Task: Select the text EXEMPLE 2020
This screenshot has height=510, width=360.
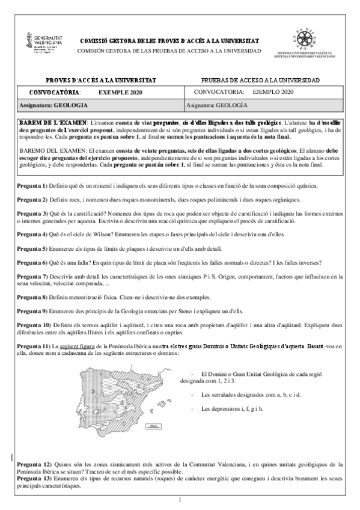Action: point(118,92)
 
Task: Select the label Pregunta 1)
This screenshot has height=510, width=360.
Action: point(32,186)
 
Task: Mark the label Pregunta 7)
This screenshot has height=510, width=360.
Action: point(32,276)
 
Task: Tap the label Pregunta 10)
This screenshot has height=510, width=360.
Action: point(34,325)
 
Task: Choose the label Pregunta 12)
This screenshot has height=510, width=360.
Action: point(34,464)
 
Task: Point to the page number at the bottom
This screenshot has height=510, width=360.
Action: point(180,500)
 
